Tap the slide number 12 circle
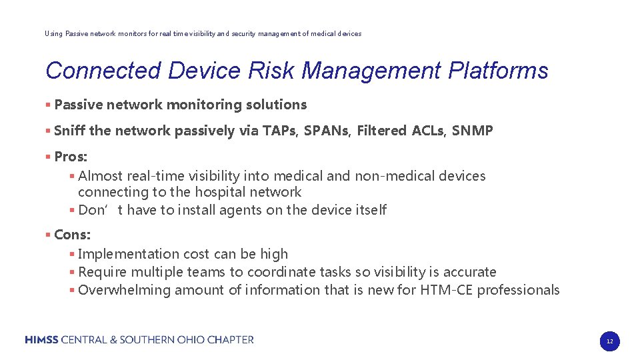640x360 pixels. tap(609, 341)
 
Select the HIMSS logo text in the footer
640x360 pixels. tap(42, 340)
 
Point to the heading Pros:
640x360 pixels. tap(71, 157)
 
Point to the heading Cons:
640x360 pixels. tap(72, 235)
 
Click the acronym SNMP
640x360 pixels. tap(472, 131)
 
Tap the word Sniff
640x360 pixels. tap(69, 131)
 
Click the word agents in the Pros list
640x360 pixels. tap(238, 210)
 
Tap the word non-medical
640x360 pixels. tap(393, 176)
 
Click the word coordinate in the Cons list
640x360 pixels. tap(280, 272)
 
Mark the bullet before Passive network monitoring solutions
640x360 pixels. tap(48, 105)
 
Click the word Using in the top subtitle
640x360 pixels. tap(53, 33)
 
